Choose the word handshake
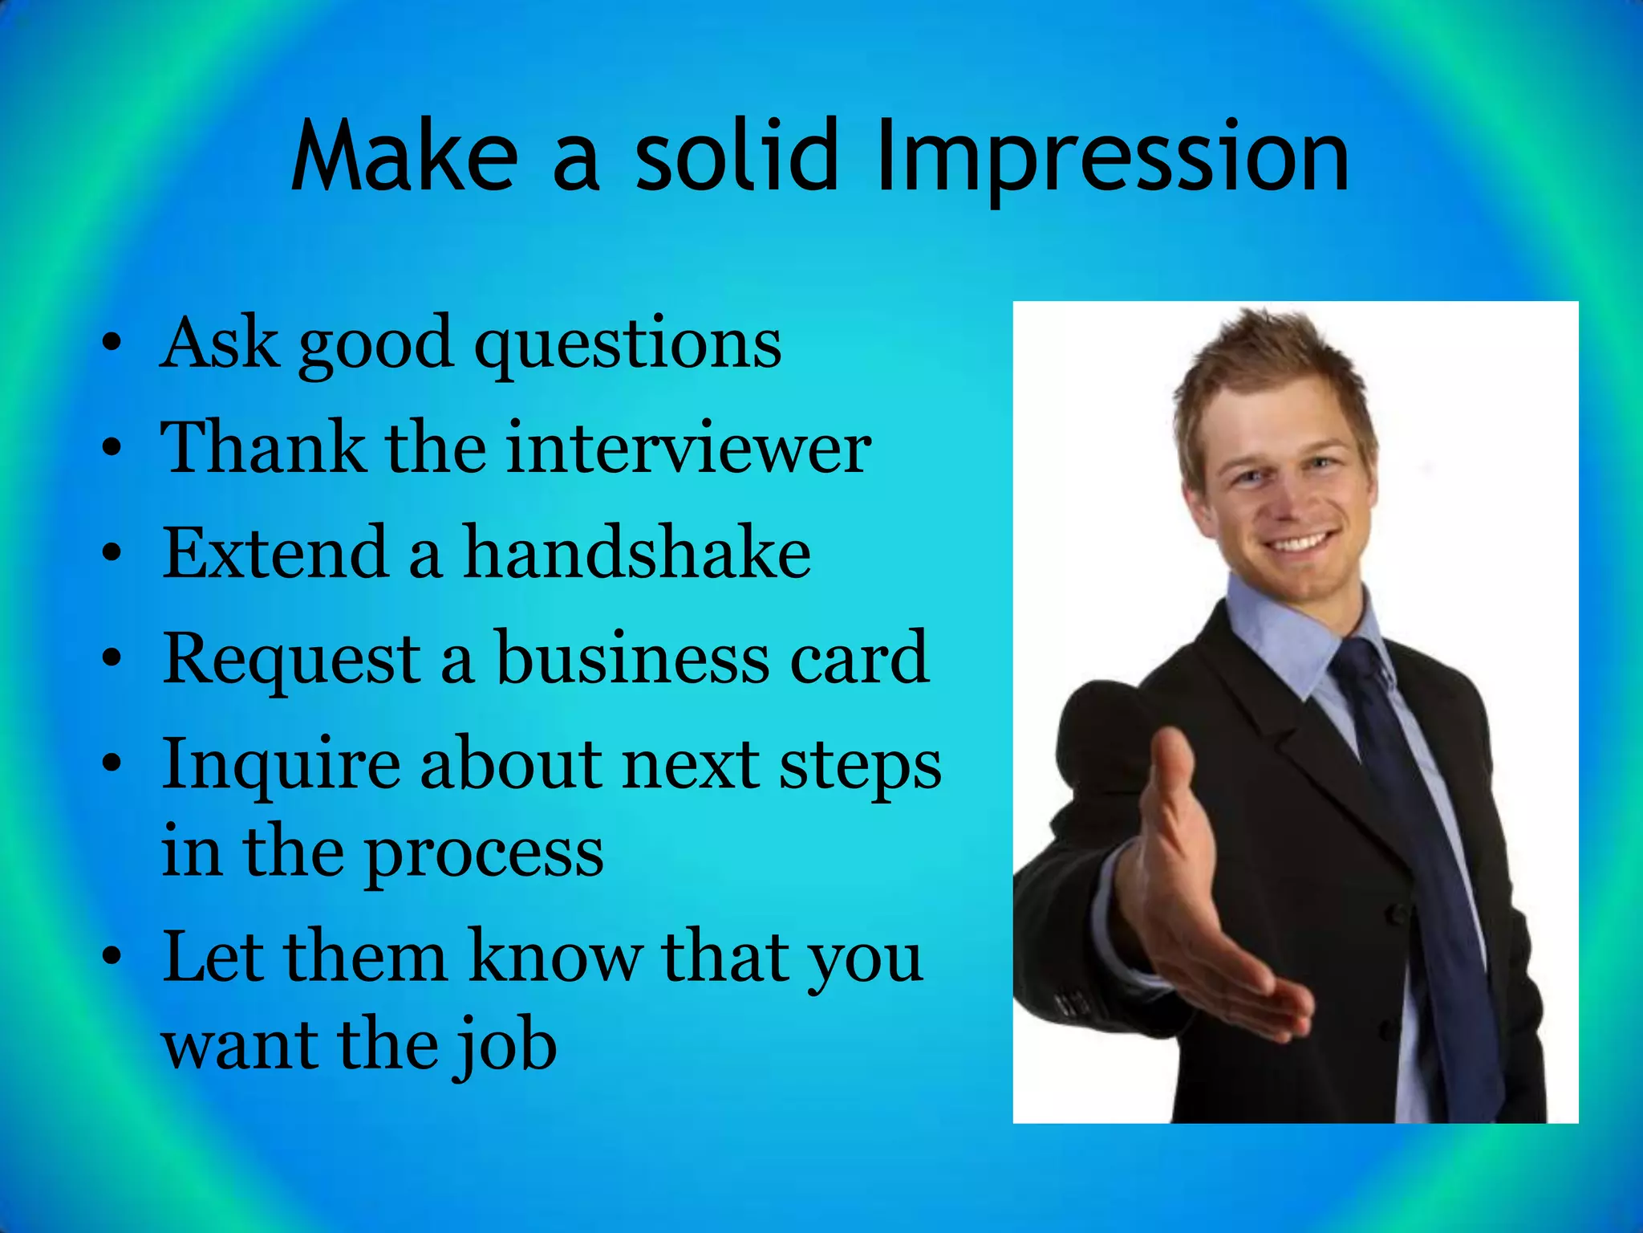[x=637, y=553]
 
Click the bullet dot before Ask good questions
[x=112, y=344]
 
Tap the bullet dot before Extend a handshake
[x=112, y=553]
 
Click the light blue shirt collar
[x=1284, y=634]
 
